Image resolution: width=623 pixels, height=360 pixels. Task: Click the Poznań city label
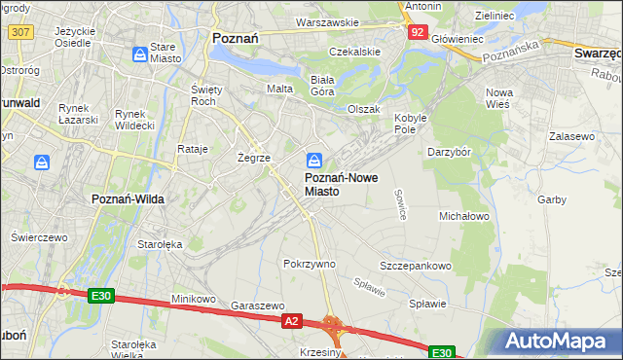[x=234, y=39]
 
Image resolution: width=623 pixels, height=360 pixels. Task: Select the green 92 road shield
[x=417, y=32]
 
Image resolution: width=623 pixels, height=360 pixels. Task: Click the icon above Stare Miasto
[x=140, y=54]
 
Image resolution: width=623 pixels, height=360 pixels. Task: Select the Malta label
[x=280, y=89]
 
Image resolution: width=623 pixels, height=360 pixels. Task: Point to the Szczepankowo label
[x=416, y=266]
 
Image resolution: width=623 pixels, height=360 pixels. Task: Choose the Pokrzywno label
[x=309, y=264]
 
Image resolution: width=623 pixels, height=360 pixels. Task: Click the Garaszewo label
[x=257, y=305]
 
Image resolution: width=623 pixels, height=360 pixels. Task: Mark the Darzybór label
[x=450, y=152]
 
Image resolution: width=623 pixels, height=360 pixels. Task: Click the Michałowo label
[x=464, y=215]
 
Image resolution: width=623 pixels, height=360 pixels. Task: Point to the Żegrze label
[x=253, y=157]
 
